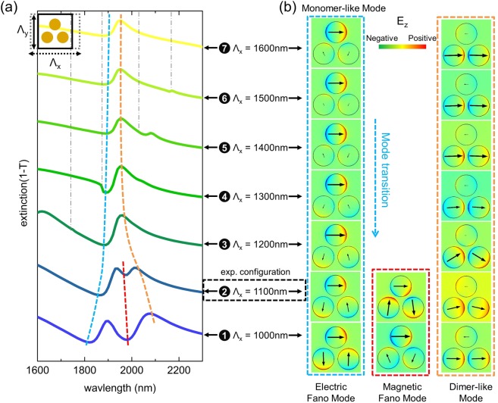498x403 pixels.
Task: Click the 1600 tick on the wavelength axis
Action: [37, 370]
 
